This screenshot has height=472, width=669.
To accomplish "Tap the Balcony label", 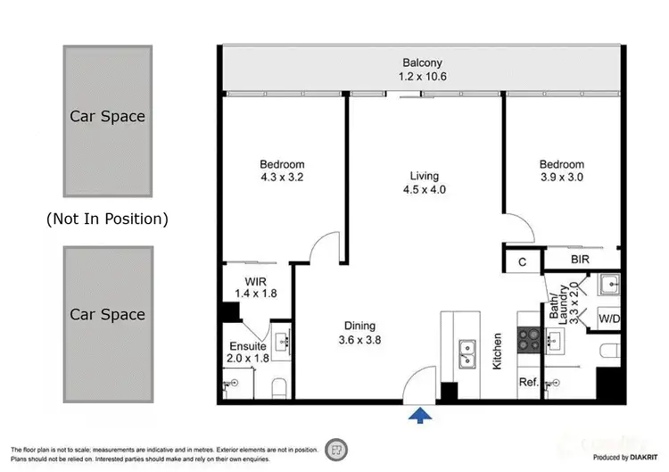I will pos(422,70).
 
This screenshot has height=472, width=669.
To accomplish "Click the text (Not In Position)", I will pos(107,218).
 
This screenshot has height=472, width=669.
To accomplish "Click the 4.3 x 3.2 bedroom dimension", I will pos(282,178).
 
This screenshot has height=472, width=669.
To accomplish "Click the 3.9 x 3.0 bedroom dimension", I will pos(561,178).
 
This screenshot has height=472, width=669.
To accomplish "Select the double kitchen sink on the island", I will pos(467,354).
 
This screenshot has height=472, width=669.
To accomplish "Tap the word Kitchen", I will pos(498,352).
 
